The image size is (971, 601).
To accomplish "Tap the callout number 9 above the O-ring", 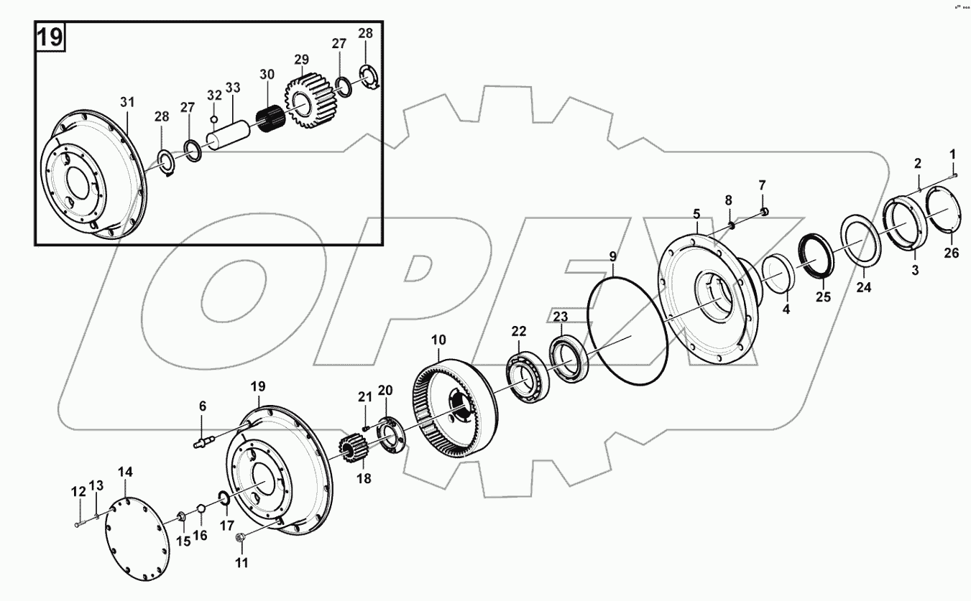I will pos(612,256).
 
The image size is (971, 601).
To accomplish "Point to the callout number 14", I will pos(125,472).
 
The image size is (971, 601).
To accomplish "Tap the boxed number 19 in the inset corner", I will pos(50,37).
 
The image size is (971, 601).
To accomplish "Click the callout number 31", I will pos(127,103).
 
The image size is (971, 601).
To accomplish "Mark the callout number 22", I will pos(518,331).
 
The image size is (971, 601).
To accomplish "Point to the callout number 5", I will pos(696,213).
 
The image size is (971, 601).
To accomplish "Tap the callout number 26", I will pos(951,253).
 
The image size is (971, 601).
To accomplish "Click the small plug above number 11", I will pos(241,537).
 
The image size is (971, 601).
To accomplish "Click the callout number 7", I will pos(763,186).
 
